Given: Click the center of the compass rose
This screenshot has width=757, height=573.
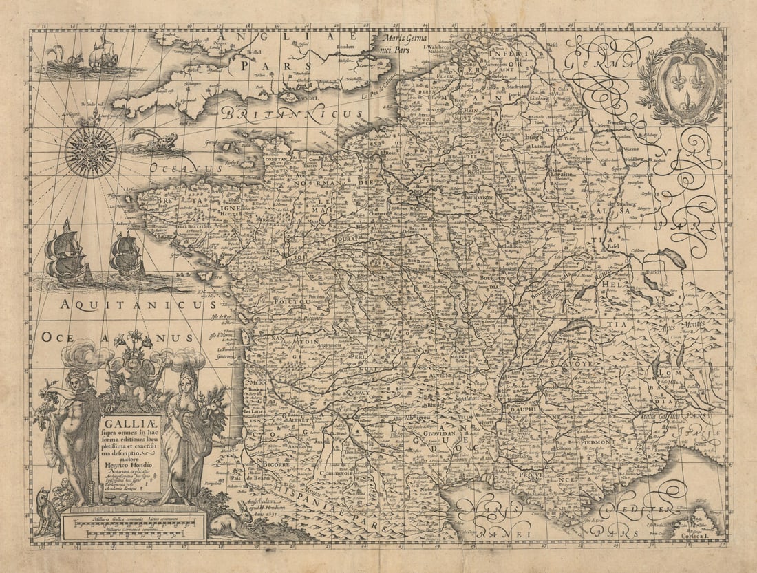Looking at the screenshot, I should pos(91,152).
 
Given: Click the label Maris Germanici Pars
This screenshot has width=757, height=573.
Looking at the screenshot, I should pos(411,44).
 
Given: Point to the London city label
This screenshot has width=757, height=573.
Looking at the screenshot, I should pos(349,48).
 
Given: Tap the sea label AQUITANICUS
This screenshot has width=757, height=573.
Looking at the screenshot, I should pos(138,303).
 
